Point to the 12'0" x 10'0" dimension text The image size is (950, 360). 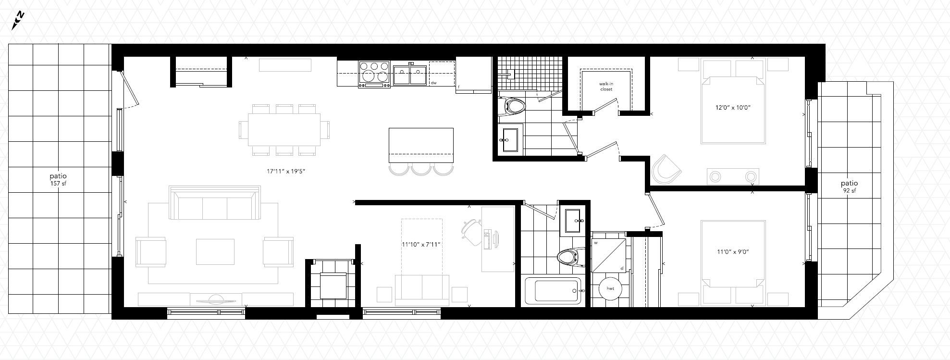click(x=733, y=108)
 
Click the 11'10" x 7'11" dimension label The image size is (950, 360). click(x=421, y=244)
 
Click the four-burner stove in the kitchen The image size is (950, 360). click(x=374, y=74)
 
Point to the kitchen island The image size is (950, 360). click(x=421, y=146)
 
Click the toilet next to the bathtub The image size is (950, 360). click(x=571, y=257)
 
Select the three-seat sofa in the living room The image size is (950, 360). click(x=213, y=204)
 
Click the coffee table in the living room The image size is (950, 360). click(x=215, y=251)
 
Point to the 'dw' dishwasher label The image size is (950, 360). click(x=433, y=83)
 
